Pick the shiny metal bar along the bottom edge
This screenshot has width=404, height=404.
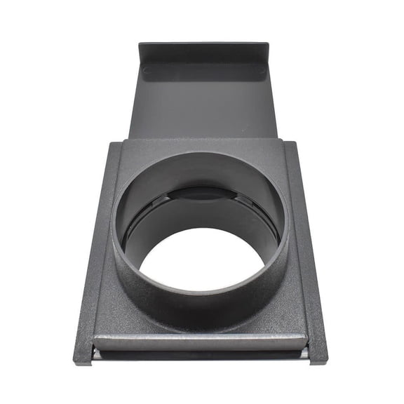[200, 342]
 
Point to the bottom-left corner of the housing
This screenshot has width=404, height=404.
[76, 361]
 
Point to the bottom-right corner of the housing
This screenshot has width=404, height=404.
[325, 361]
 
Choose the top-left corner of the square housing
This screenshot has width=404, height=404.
[111, 144]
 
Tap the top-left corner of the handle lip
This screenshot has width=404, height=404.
[140, 44]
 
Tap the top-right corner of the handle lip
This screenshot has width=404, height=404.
[268, 43]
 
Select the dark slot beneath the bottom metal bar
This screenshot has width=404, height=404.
[200, 354]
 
